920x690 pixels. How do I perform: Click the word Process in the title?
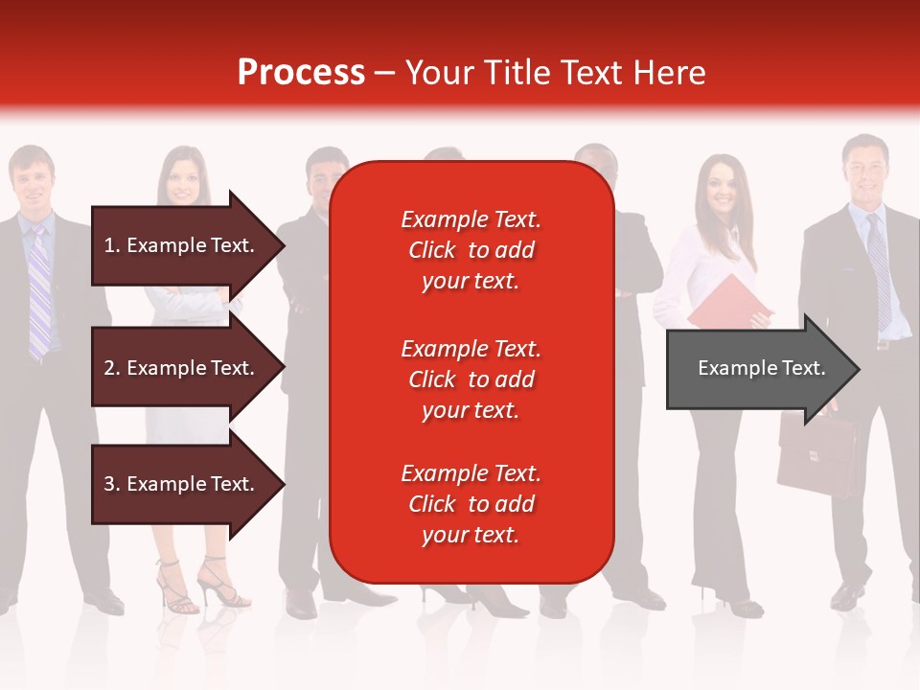click(301, 73)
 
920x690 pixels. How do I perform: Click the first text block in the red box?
click(471, 250)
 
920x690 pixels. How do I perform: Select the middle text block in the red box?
click(471, 379)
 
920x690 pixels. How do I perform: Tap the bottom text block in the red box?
click(471, 504)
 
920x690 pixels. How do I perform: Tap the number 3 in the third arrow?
click(109, 484)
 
